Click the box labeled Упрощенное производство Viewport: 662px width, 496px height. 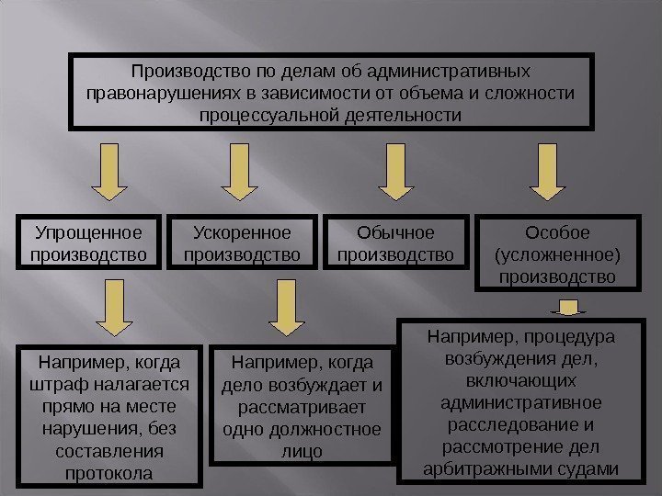(x=88, y=241)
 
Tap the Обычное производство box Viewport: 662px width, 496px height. (x=396, y=241)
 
